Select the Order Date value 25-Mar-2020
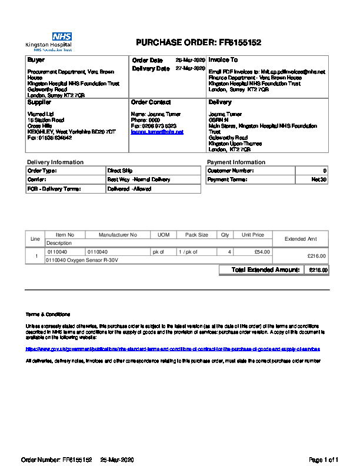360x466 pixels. click(x=190, y=60)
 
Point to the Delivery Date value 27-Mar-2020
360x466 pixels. click(x=190, y=68)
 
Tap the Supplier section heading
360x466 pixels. click(x=39, y=102)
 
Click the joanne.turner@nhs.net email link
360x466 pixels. click(x=157, y=132)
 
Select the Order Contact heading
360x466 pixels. click(x=151, y=102)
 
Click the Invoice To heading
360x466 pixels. click(x=224, y=60)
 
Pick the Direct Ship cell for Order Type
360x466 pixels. click(x=120, y=171)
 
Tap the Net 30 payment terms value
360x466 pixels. click(x=319, y=179)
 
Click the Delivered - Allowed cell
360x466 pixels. click(x=129, y=189)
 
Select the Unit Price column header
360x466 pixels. click(x=253, y=235)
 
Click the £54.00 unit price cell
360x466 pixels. click(x=262, y=252)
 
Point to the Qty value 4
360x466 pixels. click(x=229, y=252)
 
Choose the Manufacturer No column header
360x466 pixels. click(x=118, y=235)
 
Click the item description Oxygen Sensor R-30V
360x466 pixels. click(x=82, y=259)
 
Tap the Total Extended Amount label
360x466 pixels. click(x=266, y=270)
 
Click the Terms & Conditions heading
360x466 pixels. click(x=48, y=314)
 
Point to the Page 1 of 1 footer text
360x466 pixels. click(x=324, y=459)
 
